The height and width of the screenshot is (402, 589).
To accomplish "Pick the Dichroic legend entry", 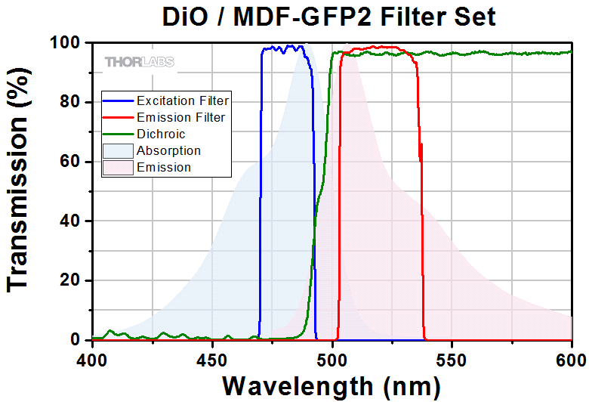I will [x=161, y=134].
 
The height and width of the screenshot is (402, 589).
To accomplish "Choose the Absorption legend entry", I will [x=168, y=150].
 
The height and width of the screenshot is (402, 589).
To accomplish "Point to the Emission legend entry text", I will [x=164, y=167].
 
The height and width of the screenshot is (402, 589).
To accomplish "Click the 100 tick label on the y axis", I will [x=66, y=43].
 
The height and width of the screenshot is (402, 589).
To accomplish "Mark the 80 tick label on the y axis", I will [x=72, y=102].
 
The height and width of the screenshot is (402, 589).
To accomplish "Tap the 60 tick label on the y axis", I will [x=72, y=162].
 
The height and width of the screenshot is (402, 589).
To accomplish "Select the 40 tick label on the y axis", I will [x=72, y=221].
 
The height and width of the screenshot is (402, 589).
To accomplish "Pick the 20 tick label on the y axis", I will [x=72, y=281].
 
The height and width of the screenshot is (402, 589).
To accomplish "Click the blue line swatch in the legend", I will [x=117, y=100].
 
